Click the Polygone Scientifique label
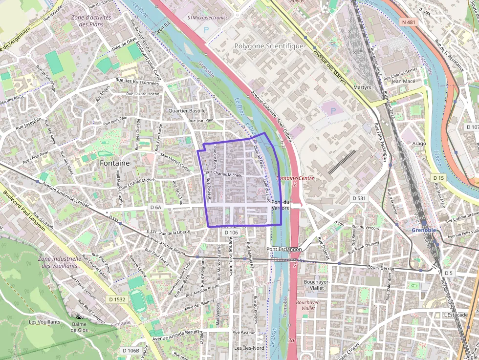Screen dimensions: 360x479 click(269, 46)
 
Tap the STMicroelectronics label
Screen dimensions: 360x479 click(208, 18)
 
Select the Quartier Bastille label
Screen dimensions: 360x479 click(187, 111)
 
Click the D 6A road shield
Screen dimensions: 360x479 click(155, 207)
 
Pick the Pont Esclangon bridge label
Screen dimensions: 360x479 click(284, 249)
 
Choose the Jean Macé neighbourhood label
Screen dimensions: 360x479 click(403, 82)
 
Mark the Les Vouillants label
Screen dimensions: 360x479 click(44, 322)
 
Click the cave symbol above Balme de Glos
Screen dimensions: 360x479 click(79, 318)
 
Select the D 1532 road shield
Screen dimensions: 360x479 click(117, 299)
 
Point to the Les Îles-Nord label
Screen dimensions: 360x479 click(249, 348)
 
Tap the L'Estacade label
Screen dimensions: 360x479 click(456, 315)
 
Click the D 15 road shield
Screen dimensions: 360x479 click(438, 178)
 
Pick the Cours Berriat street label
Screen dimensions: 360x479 click(381, 267)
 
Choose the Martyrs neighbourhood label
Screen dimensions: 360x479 click(362, 87)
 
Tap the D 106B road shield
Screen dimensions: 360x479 click(131, 350)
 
